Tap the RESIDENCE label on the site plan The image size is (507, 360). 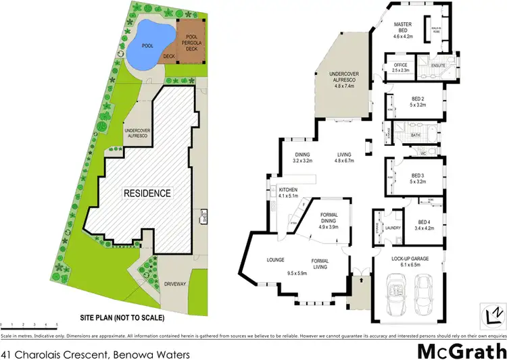[147, 192]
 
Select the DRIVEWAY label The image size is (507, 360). [174, 284]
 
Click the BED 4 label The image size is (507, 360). [425, 222]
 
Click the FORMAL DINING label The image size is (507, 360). [327, 217]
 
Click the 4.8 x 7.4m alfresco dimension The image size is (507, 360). [343, 85]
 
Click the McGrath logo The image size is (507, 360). [460, 351]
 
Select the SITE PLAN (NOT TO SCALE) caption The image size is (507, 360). [122, 317]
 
